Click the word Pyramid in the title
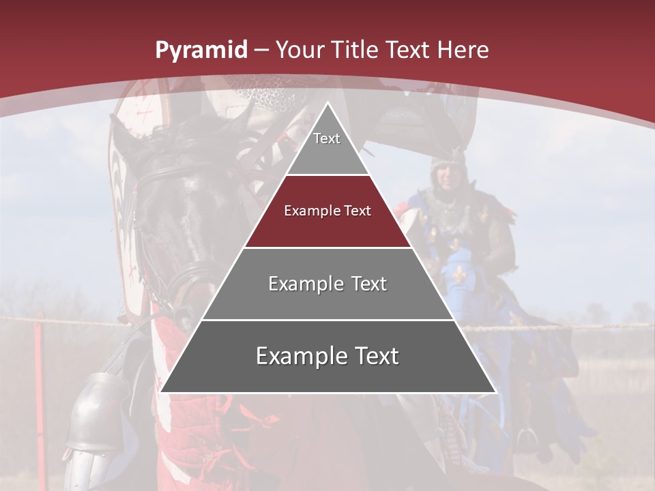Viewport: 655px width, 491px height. [x=201, y=50]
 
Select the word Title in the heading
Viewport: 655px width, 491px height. [x=354, y=50]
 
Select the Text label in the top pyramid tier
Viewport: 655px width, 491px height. [x=327, y=138]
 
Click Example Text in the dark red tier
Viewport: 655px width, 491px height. [x=327, y=211]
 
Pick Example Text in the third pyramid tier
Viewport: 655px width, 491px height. [x=327, y=284]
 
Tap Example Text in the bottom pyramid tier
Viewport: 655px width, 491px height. [x=327, y=356]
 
